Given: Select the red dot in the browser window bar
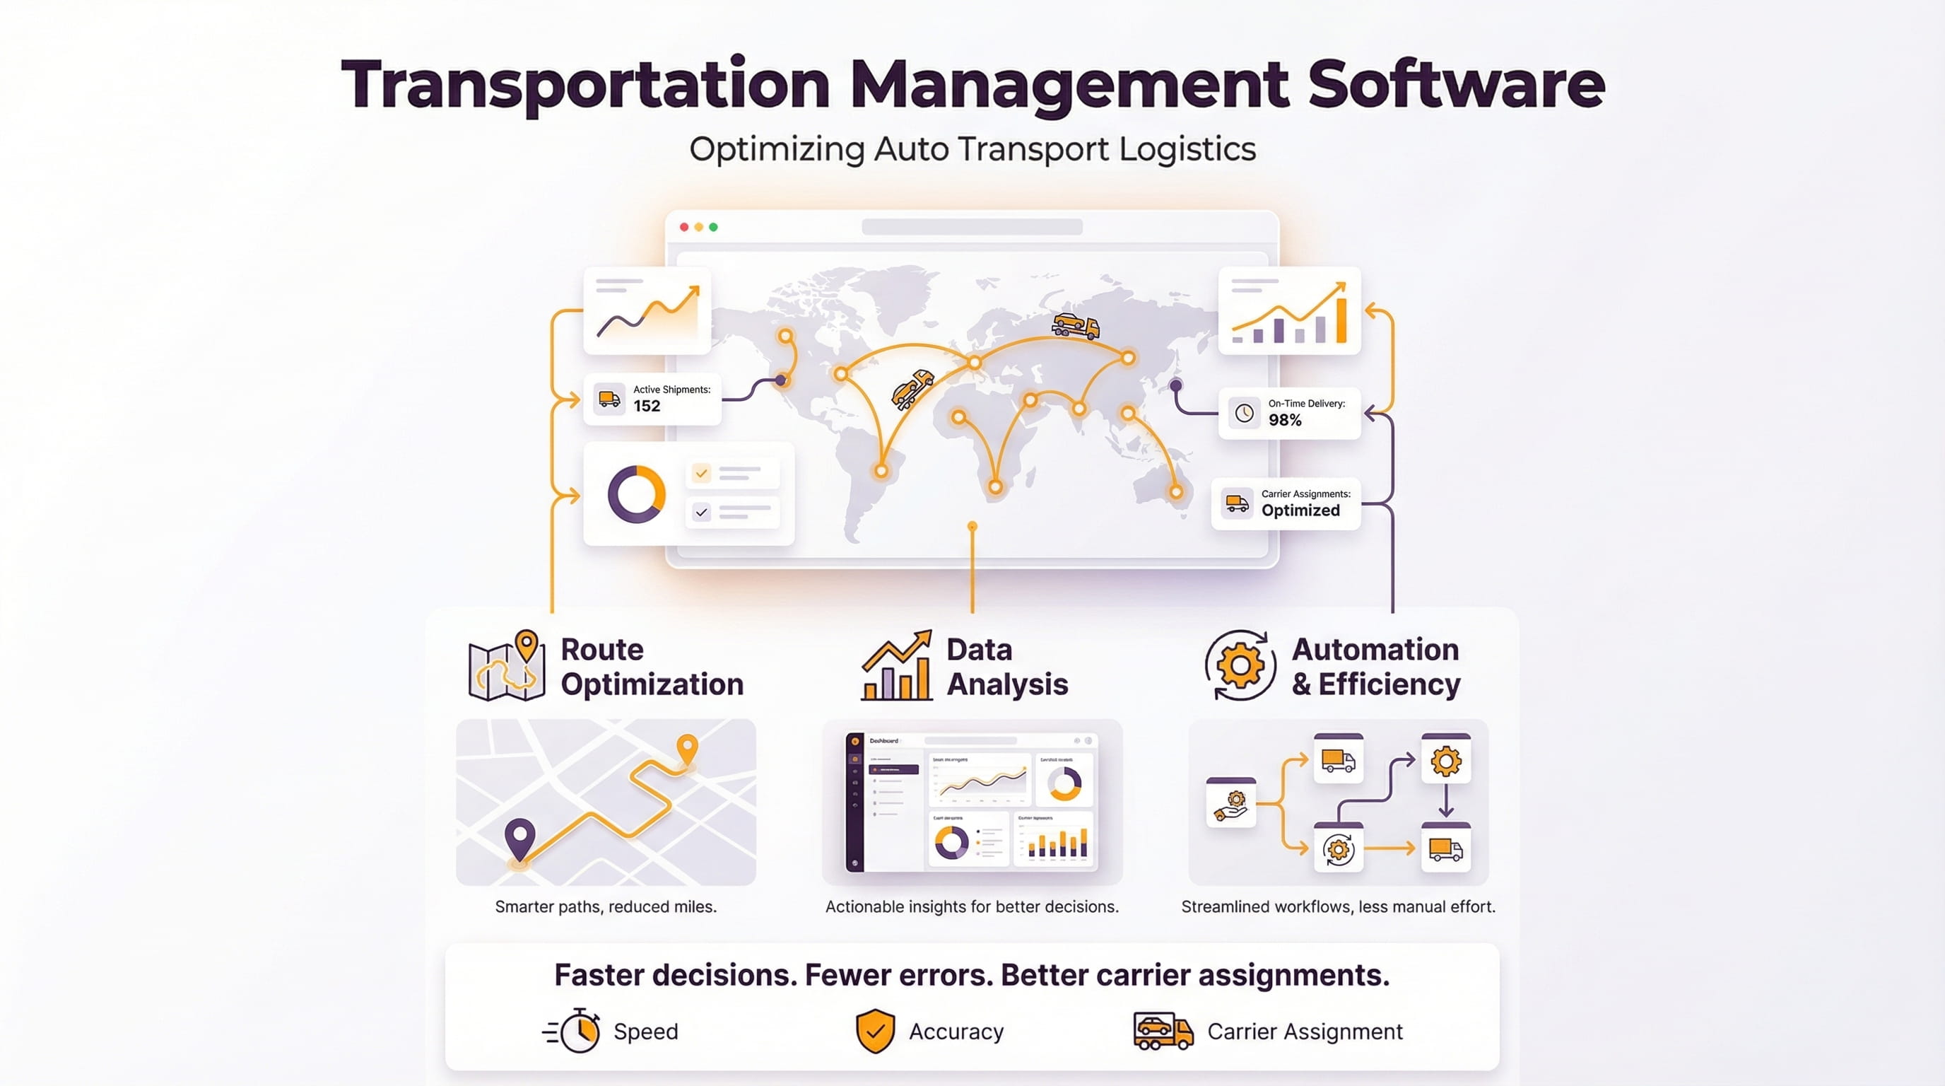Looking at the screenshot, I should click(684, 228).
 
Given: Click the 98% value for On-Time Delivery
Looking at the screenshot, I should click(1284, 421).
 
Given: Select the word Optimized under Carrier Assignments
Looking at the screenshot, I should click(1300, 510).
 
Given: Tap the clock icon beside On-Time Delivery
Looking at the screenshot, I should click(1245, 413).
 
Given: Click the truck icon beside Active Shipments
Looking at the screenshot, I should click(609, 398).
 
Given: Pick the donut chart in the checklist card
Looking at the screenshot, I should click(637, 495).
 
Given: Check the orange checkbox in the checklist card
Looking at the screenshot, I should click(701, 474).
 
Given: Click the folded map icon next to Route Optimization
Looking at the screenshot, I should click(506, 667).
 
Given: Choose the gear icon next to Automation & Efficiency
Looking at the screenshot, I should click(1240, 666).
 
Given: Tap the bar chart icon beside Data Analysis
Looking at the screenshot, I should click(897, 667).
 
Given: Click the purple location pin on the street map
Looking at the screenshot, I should click(519, 837).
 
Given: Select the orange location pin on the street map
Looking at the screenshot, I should click(687, 749).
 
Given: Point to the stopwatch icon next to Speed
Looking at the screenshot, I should click(577, 1031).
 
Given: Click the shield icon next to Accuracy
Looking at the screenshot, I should click(875, 1031).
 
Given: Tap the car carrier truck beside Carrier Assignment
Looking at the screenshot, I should click(1163, 1031).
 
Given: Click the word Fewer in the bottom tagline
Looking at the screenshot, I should click(850, 976).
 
